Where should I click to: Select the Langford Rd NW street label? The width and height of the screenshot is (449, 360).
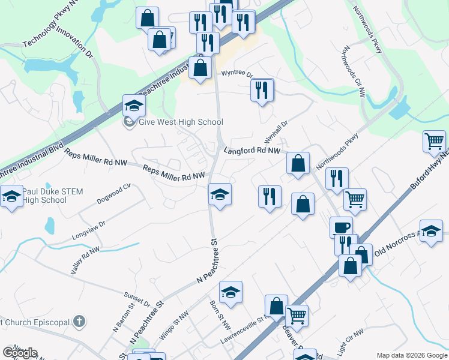[x=253, y=151]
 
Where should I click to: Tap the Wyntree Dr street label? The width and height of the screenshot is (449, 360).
[x=238, y=74]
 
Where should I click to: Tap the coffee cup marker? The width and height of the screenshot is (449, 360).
[x=342, y=227]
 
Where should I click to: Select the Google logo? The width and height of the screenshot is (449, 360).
[x=20, y=353]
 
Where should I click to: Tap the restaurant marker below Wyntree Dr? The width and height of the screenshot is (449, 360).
[x=262, y=90]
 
